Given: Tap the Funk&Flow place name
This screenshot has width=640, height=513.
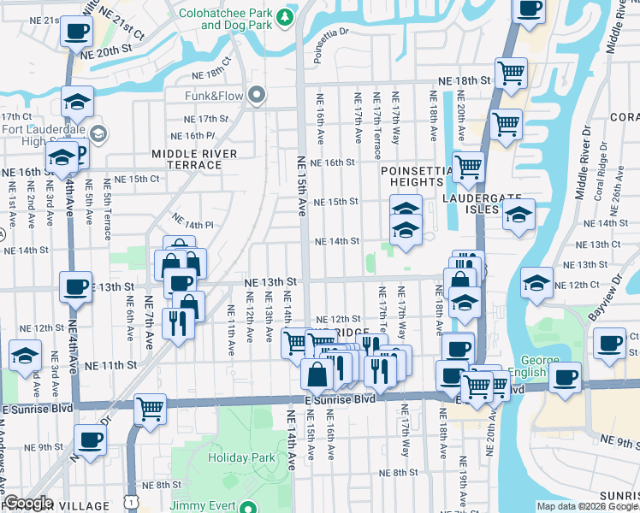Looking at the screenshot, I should [x=215, y=96].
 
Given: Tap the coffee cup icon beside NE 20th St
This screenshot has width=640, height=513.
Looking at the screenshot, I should [x=75, y=32].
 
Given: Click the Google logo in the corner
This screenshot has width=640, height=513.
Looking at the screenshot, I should [x=27, y=503].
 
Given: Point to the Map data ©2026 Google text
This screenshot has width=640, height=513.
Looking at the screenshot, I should [x=586, y=506].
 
